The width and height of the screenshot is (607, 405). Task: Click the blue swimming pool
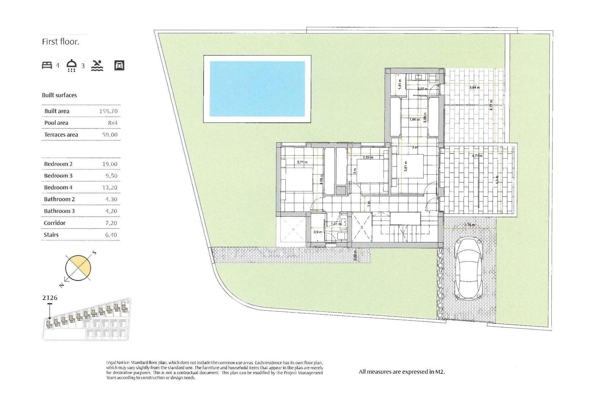[257, 89]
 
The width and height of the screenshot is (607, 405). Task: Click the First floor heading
[60, 42]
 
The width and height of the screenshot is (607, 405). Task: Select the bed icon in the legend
[47, 65]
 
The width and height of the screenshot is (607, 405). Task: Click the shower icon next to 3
[72, 65]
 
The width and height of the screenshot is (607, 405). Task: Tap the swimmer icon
[97, 65]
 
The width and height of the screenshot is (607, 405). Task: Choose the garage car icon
[119, 65]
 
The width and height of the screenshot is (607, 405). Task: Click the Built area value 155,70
[108, 111]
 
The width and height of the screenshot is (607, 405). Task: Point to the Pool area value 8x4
[113, 123]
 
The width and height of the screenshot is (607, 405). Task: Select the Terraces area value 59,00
[110, 135]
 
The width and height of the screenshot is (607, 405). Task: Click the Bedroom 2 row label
[58, 164]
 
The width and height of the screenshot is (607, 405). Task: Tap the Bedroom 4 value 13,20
[110, 188]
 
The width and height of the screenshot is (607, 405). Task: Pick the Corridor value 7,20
[111, 223]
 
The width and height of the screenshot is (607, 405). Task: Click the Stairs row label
[51, 235]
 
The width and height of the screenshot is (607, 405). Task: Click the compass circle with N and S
[78, 268]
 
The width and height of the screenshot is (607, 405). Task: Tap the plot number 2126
[50, 298]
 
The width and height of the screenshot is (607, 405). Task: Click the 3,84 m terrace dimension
[474, 87]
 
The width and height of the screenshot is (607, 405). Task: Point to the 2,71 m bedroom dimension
[302, 162]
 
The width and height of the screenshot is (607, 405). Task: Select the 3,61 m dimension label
[406, 166]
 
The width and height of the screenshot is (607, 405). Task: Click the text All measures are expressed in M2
[402, 372]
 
